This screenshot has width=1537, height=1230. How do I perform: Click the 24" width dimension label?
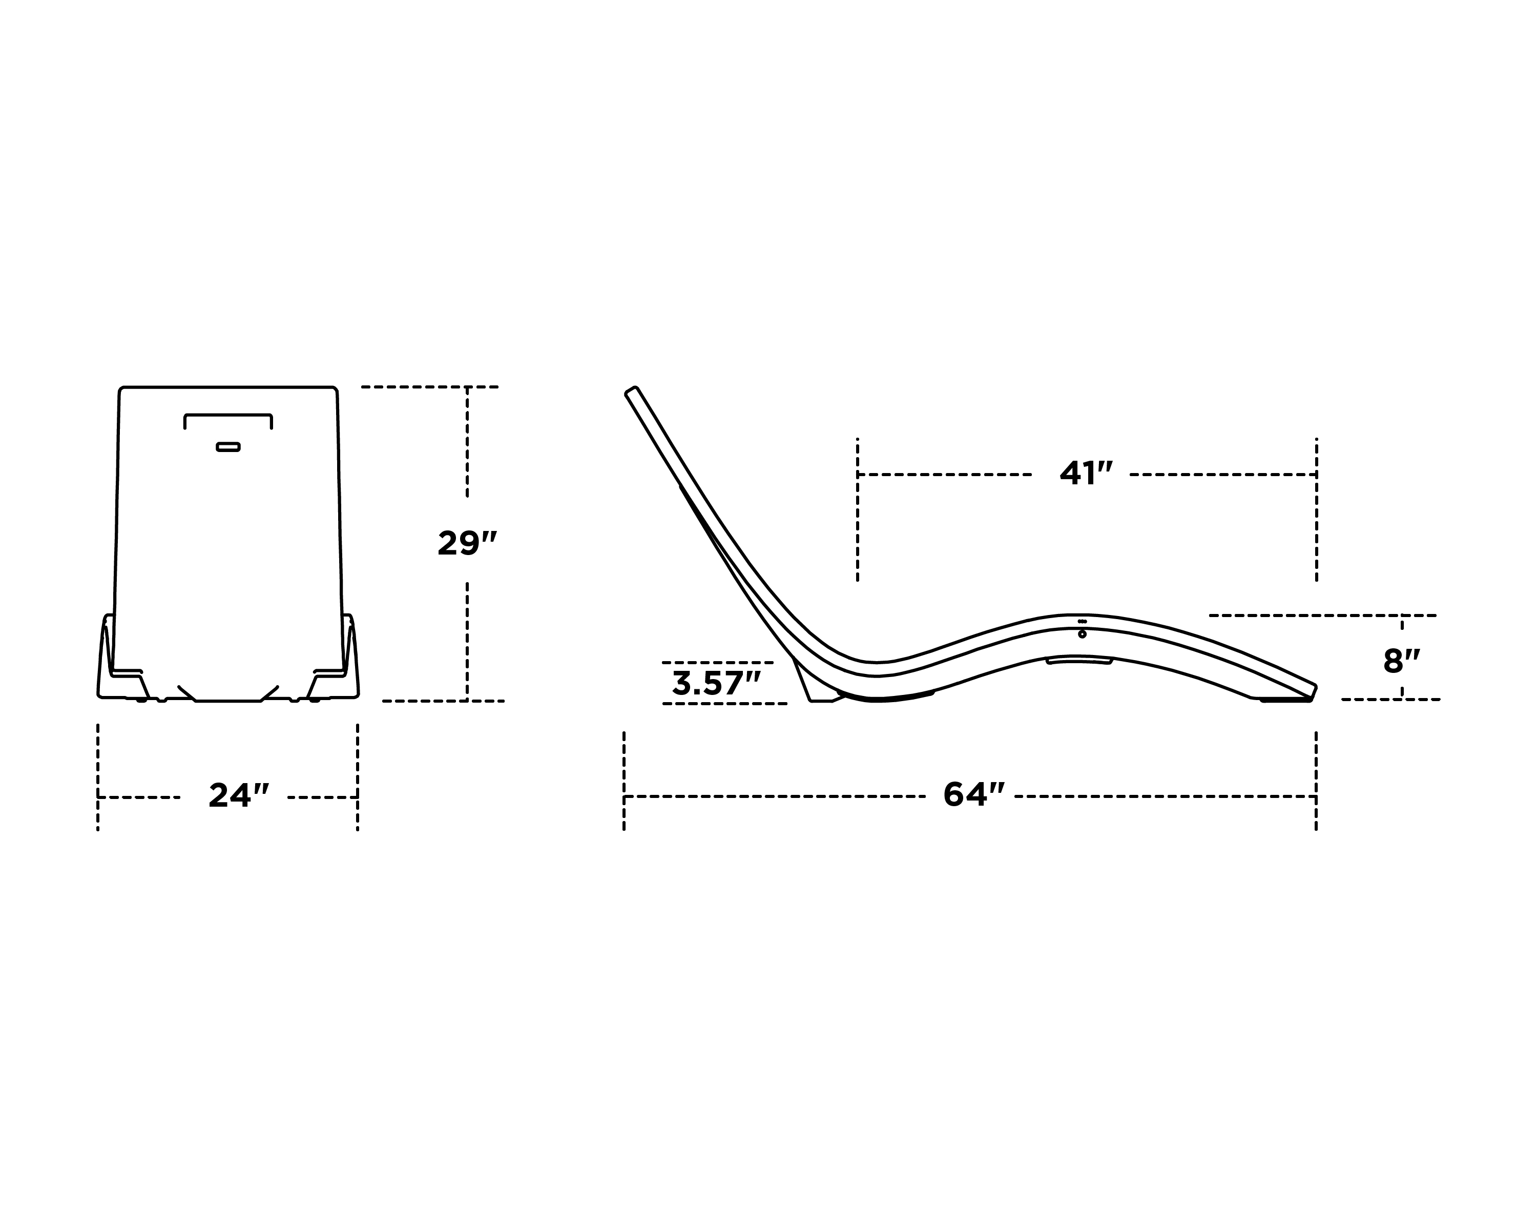(239, 796)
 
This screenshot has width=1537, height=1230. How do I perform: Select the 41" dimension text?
(1085, 474)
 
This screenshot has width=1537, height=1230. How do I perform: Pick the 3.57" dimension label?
(716, 684)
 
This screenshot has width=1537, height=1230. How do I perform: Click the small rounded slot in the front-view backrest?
(228, 447)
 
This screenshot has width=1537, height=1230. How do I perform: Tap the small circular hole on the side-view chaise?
(1082, 634)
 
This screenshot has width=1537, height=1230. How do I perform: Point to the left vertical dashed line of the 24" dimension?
(98, 777)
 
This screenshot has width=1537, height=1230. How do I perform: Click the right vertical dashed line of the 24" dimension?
(357, 777)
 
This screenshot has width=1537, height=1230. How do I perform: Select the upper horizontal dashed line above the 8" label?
(1322, 614)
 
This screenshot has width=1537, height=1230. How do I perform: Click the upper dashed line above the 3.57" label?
(716, 663)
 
